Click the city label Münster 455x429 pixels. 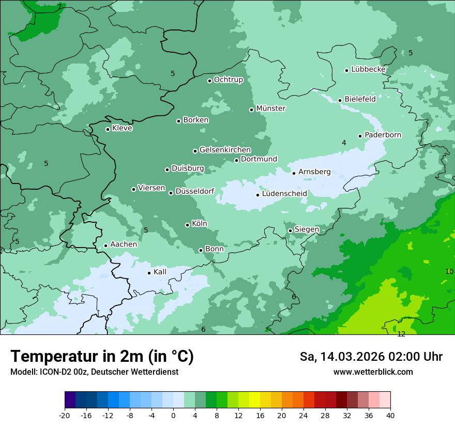(270, 109)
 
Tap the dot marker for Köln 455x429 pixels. (187, 225)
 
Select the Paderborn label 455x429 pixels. (383, 135)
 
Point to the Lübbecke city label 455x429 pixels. (368, 69)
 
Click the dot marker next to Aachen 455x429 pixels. (105, 246)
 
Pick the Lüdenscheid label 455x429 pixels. (284, 194)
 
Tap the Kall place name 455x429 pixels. (160, 272)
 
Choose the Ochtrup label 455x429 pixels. (228, 80)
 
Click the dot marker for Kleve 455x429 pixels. (108, 129)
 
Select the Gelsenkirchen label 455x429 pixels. (225, 150)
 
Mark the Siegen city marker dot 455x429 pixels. (290, 231)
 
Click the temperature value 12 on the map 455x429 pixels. (401, 334)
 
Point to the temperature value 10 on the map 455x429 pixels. (449, 271)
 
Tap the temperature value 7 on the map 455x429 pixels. (59, 7)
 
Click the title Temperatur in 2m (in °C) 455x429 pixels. (102, 357)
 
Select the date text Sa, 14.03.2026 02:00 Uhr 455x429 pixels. (371, 357)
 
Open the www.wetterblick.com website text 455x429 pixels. (373, 372)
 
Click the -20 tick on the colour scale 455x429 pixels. (65, 416)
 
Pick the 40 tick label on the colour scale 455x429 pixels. (390, 416)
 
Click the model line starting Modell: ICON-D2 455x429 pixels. (94, 372)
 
